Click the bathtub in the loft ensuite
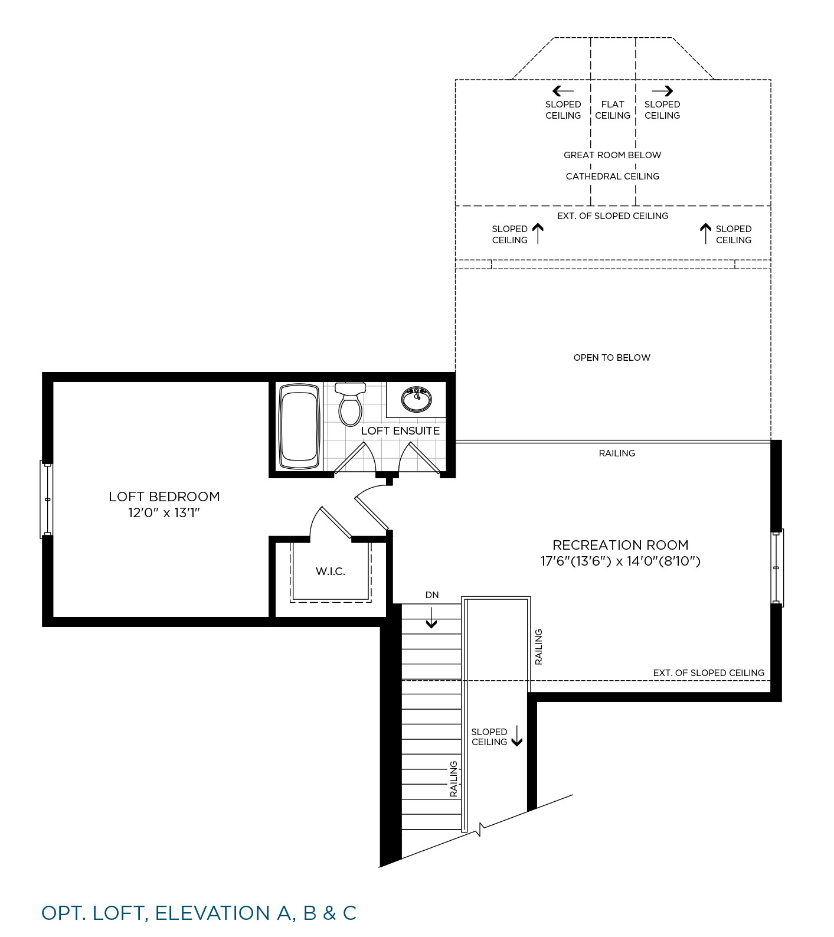[299, 426]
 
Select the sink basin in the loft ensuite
[416, 399]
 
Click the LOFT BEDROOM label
[164, 497]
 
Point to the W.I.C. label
[331, 571]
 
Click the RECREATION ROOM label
[620, 545]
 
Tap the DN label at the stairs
[432, 595]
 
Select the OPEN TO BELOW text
[612, 357]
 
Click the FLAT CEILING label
[613, 110]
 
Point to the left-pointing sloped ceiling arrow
[563, 91]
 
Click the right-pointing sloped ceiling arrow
[662, 91]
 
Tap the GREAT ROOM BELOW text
[613, 155]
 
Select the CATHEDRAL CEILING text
[613, 176]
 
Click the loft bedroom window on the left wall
[47, 499]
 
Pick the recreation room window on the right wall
[777, 567]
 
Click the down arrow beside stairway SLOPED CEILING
[517, 736]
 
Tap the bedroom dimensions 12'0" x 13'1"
[164, 512]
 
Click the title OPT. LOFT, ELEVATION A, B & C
[199, 913]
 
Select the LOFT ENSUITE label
[400, 430]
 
